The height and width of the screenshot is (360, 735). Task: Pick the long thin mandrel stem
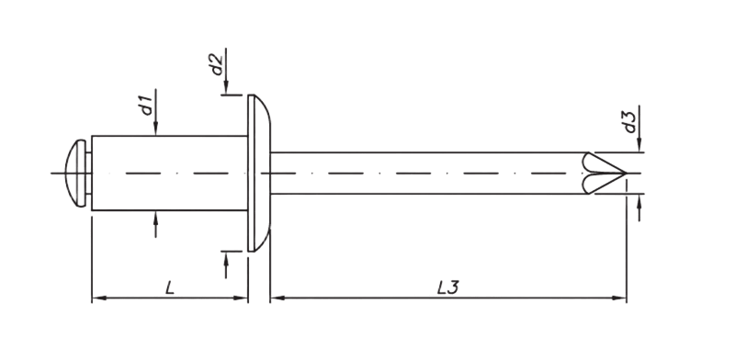tap(423, 172)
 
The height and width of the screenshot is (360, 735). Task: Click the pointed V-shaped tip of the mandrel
tap(606, 172)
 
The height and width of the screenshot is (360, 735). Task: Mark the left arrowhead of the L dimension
tap(99, 298)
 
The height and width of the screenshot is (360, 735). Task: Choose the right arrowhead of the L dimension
tap(243, 298)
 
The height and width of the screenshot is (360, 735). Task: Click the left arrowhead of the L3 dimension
tap(277, 298)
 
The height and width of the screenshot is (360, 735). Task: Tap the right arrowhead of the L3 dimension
tap(620, 298)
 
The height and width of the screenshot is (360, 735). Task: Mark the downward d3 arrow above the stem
tap(639, 145)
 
